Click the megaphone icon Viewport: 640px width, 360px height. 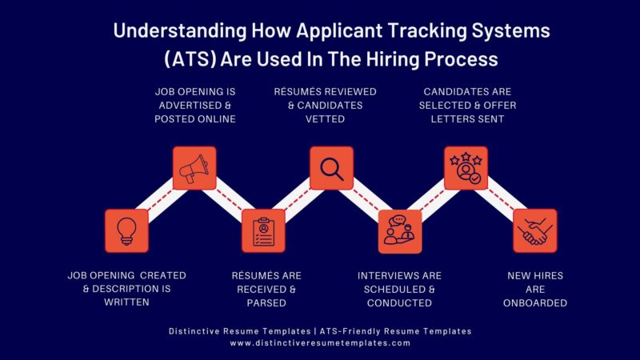(x=195, y=168)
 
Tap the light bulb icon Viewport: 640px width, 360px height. (x=126, y=230)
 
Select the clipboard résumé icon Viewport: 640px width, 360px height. (x=263, y=230)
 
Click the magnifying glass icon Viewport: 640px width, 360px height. (x=331, y=168)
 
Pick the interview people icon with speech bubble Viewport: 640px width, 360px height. (x=399, y=230)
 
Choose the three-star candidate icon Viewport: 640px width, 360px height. (x=466, y=168)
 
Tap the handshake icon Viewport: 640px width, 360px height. (x=534, y=230)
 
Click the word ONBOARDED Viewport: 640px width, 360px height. (x=535, y=303)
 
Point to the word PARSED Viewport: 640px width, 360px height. (x=266, y=303)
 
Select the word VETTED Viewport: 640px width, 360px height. (x=326, y=119)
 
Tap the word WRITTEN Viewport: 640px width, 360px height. (x=126, y=303)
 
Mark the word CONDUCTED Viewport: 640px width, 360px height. (x=399, y=303)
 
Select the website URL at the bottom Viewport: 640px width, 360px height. (x=320, y=342)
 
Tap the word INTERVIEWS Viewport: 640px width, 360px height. (x=385, y=276)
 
